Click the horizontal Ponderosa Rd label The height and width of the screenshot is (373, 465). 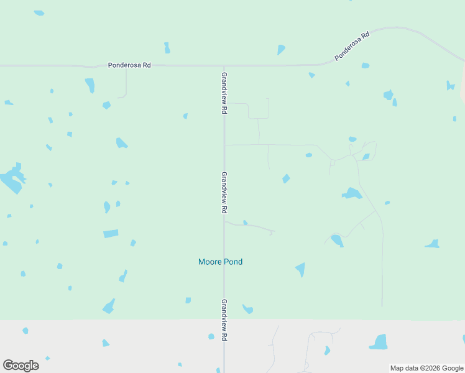click(x=129, y=65)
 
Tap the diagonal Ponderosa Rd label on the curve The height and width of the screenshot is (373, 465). click(x=352, y=47)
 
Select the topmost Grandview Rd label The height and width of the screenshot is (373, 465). click(x=224, y=92)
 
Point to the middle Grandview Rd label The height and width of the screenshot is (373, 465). click(x=224, y=193)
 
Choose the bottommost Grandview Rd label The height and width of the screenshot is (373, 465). click(x=224, y=320)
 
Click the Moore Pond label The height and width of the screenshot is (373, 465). click(x=220, y=262)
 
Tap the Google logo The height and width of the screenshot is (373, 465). click(x=21, y=366)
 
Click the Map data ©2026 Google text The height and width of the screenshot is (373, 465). click(x=426, y=368)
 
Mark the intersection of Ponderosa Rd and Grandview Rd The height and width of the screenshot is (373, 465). click(x=224, y=65)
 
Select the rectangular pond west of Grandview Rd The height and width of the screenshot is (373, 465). click(x=111, y=234)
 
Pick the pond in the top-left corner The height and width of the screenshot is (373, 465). click(x=39, y=12)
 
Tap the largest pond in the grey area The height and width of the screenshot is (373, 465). click(x=379, y=342)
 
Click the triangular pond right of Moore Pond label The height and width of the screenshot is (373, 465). click(x=301, y=269)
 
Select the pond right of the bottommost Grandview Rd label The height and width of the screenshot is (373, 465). click(x=247, y=308)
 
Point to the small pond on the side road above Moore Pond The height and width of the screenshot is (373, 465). click(x=245, y=222)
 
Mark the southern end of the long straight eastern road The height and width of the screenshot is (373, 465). click(x=382, y=305)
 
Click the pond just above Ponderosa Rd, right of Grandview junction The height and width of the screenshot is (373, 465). click(x=281, y=49)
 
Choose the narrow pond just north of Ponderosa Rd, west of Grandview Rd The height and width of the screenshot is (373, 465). click(x=167, y=48)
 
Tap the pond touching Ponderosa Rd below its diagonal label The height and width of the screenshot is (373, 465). click(x=365, y=65)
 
